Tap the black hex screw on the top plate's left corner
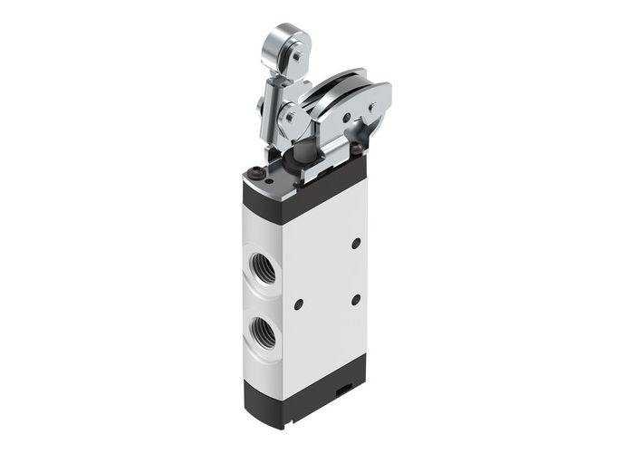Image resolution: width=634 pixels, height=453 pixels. pyautogui.click(x=258, y=171)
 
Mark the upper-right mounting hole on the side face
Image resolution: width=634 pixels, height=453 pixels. pyautogui.click(x=356, y=243)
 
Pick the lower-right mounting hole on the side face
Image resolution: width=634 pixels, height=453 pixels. pyautogui.click(x=356, y=299)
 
